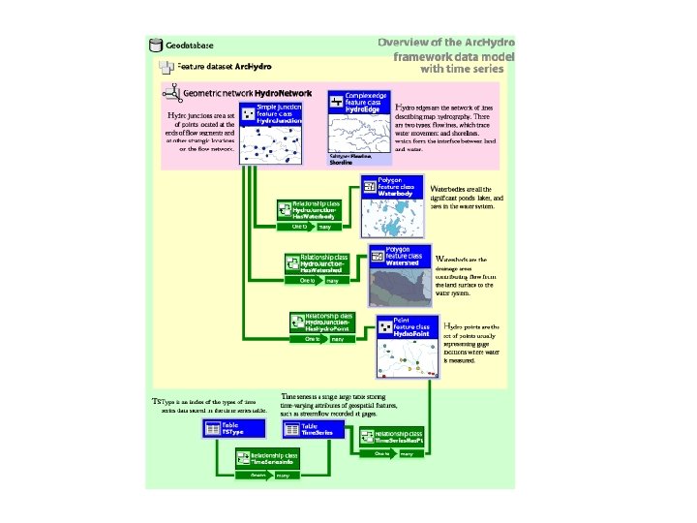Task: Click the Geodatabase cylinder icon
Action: (154, 45)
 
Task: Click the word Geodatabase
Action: (190, 45)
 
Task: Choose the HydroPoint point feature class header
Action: (407, 327)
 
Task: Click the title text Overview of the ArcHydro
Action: (446, 43)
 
